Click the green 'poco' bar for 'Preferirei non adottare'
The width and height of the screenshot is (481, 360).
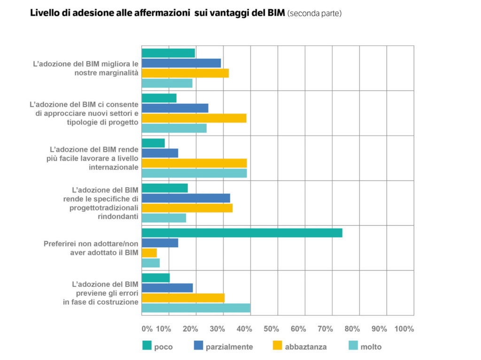(242, 233)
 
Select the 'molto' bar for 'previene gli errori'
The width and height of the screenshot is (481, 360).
(196, 308)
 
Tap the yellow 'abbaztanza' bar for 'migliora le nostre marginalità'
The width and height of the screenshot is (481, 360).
(185, 73)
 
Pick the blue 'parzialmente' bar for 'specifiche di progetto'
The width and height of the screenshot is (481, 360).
(186, 198)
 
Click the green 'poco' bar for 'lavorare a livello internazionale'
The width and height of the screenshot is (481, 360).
(153, 143)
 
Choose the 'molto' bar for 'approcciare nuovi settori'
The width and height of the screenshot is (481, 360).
(174, 128)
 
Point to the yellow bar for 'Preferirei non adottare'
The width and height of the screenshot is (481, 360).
(149, 253)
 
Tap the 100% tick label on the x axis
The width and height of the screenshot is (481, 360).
(404, 329)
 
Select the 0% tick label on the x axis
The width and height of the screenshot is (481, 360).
(147, 329)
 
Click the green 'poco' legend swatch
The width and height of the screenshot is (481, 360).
(147, 346)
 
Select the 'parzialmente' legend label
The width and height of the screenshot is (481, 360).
(230, 347)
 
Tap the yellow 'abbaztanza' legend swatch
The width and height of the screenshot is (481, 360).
(277, 346)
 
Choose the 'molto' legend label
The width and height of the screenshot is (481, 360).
(371, 347)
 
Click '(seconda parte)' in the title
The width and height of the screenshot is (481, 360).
(314, 14)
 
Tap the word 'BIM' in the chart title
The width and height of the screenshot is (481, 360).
(275, 13)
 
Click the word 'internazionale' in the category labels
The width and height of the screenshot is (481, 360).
(115, 167)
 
